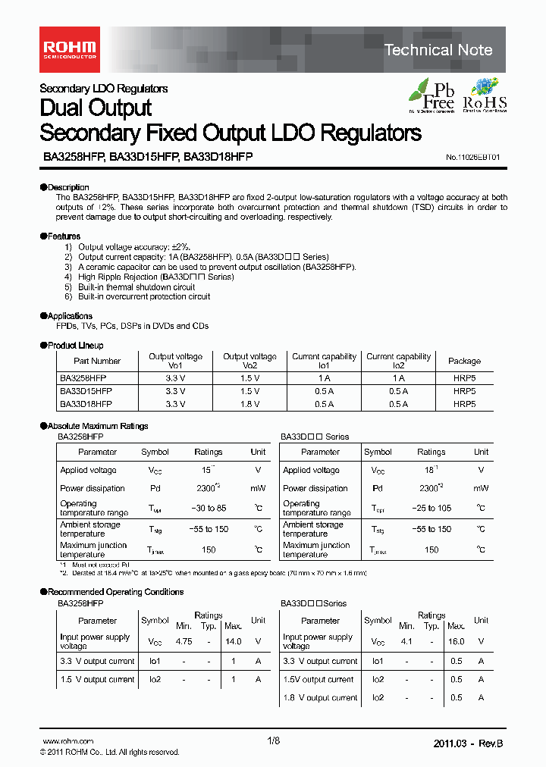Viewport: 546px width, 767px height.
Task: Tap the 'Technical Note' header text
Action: (x=438, y=50)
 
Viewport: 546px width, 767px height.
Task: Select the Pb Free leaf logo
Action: (x=432, y=95)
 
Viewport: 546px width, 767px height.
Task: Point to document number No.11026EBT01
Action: (x=472, y=157)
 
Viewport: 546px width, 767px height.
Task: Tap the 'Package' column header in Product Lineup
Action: (x=464, y=362)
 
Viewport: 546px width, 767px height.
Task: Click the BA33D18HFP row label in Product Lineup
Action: (x=86, y=405)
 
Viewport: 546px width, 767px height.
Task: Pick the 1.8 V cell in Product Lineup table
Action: (x=249, y=405)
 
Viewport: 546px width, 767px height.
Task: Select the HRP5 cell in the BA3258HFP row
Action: (x=464, y=377)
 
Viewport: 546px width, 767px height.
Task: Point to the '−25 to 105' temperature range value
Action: (x=431, y=509)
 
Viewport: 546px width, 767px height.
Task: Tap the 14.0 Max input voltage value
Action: (x=233, y=642)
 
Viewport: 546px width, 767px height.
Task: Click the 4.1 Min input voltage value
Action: (x=406, y=642)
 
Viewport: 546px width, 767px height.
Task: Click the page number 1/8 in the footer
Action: (x=273, y=741)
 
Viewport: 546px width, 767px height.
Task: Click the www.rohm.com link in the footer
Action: (x=67, y=741)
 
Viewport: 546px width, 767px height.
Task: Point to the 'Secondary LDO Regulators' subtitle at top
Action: (x=103, y=89)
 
